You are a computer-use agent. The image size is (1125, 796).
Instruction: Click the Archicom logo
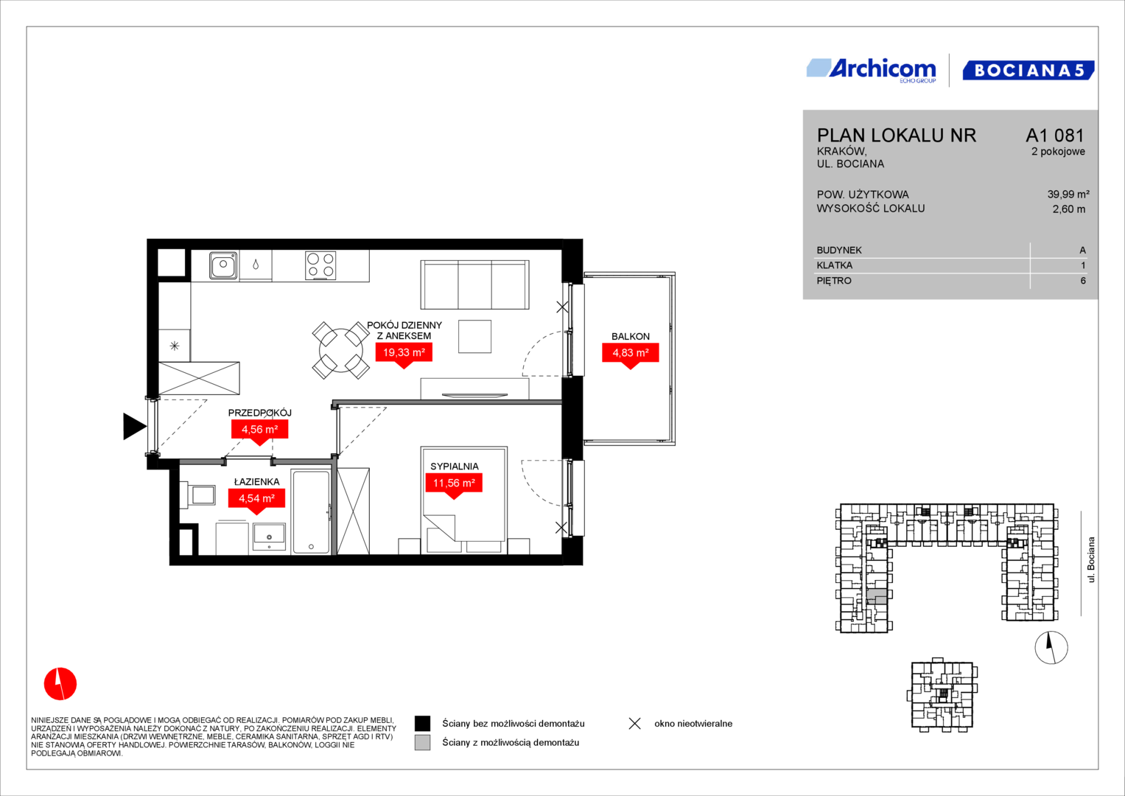click(x=872, y=71)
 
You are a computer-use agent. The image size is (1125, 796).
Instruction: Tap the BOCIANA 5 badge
click(x=1028, y=70)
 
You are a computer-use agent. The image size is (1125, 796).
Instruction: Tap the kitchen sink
click(x=223, y=265)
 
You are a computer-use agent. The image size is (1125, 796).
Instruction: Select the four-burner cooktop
click(x=320, y=265)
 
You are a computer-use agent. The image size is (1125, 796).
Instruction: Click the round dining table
click(x=341, y=350)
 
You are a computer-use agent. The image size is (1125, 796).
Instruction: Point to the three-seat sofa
click(x=474, y=284)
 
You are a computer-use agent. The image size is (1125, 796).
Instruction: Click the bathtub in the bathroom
click(x=312, y=512)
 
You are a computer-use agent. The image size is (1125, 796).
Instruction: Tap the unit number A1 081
click(x=1055, y=135)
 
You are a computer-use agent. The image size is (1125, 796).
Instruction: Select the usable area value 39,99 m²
click(x=1068, y=194)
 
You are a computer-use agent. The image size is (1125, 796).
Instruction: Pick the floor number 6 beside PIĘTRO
click(x=1083, y=280)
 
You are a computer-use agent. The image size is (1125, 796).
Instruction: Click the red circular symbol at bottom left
click(x=60, y=683)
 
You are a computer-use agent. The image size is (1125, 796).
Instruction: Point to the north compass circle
click(x=1051, y=647)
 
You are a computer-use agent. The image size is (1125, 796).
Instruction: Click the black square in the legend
click(x=422, y=723)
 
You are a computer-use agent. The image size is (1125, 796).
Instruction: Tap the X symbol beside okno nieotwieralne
click(x=635, y=723)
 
